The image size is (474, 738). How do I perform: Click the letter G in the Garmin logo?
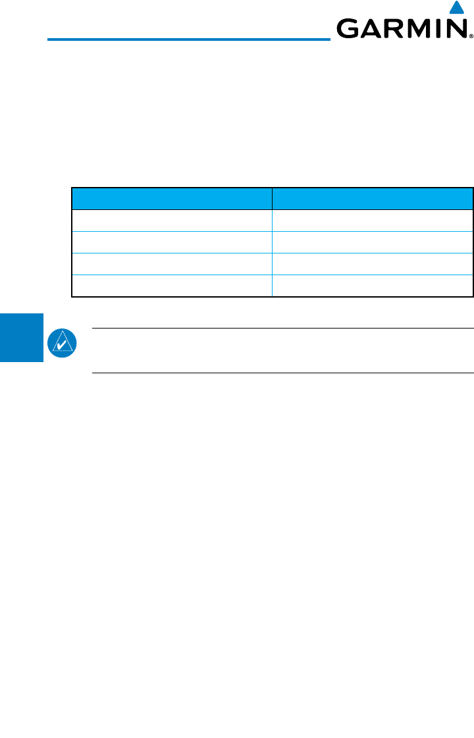348,29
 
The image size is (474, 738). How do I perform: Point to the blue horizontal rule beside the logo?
188,40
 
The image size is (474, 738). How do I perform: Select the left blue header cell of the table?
172,199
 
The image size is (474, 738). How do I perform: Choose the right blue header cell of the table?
373,199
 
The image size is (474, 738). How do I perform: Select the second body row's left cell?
172,242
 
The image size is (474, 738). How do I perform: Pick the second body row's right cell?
373,242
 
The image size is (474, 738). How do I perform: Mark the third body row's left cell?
172,264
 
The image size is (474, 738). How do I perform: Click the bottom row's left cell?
172,286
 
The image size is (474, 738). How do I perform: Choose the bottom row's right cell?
373,286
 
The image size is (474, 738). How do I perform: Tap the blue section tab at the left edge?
21,337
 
